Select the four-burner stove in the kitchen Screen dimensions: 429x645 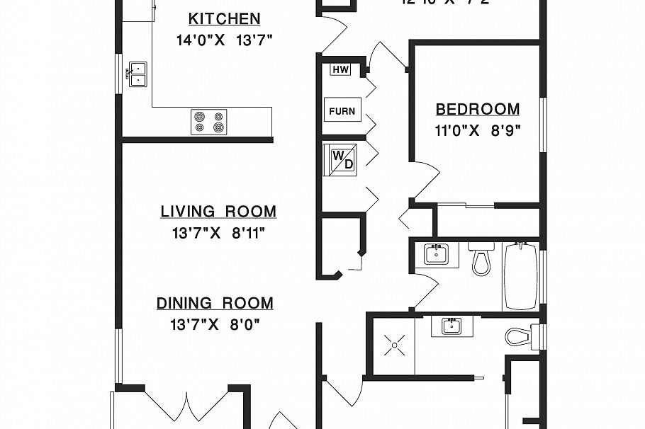pyautogui.click(x=209, y=121)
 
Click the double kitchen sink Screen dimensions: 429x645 pyautogui.click(x=136, y=74)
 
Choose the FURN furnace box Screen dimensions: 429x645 pyautogui.click(x=342, y=111)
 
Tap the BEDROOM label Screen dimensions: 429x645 pyautogui.click(x=477, y=110)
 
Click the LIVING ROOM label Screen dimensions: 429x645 pyautogui.click(x=218, y=212)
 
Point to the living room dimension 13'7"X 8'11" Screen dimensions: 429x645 pyautogui.click(x=218, y=231)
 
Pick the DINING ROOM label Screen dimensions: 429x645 pyautogui.click(x=215, y=304)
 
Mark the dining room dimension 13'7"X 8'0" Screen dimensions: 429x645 pyautogui.click(x=215, y=325)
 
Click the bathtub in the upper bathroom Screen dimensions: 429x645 pyautogui.click(x=521, y=275)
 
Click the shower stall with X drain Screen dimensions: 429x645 pyautogui.click(x=393, y=347)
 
